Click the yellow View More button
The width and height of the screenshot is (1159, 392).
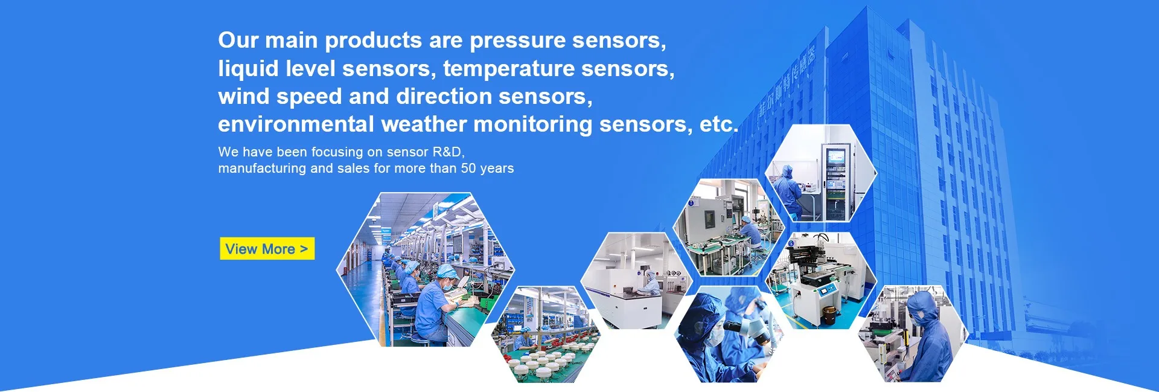[x=267, y=249]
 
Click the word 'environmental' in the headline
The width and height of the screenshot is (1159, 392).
[x=296, y=124]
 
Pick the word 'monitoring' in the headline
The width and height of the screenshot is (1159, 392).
[x=532, y=124]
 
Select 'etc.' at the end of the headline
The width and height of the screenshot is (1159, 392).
[x=718, y=124]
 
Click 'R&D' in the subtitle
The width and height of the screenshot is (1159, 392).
[x=447, y=152]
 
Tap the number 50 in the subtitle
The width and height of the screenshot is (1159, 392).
[x=468, y=169]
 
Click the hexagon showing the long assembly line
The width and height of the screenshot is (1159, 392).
[x=425, y=269]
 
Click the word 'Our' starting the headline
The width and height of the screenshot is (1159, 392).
[x=238, y=40]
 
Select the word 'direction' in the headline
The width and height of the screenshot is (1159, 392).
[x=444, y=97]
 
